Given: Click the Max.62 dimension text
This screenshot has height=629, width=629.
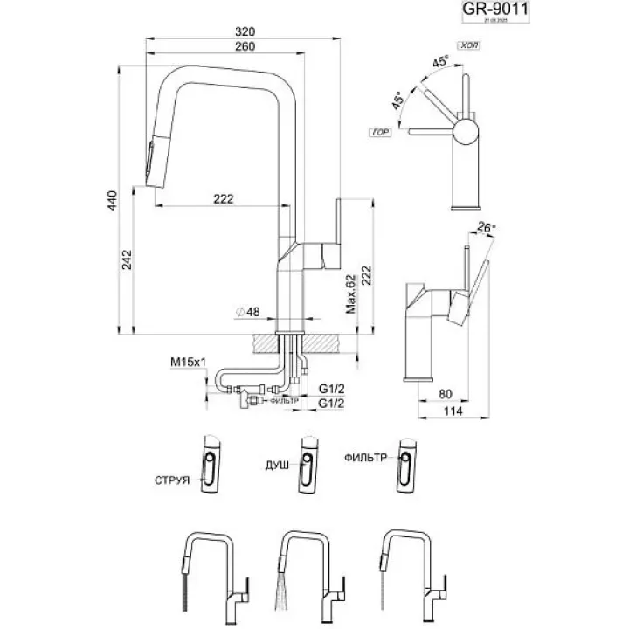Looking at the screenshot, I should pos(349,294).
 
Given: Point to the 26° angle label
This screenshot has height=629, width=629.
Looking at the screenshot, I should pos(487,229).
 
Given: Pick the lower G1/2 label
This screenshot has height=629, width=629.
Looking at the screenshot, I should pos(331,403).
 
